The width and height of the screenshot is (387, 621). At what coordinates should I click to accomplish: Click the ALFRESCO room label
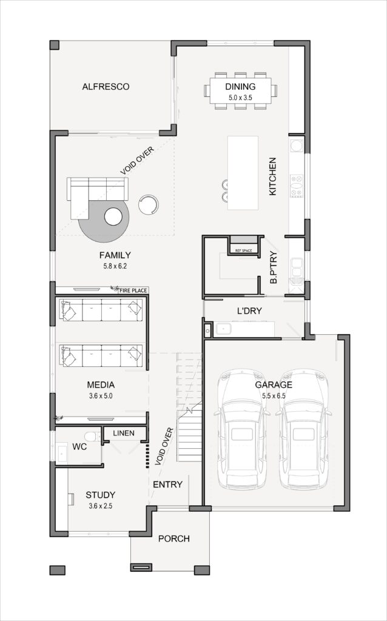(106, 86)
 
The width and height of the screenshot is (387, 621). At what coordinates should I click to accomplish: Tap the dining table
(240, 91)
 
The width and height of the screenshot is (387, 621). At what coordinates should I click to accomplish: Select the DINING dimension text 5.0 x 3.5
(240, 97)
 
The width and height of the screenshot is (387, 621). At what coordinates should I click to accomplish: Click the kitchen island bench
(243, 173)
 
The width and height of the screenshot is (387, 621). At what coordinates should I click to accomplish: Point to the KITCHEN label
(272, 176)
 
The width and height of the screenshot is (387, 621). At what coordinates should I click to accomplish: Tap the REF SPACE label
(244, 250)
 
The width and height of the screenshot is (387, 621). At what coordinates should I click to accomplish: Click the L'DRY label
(249, 311)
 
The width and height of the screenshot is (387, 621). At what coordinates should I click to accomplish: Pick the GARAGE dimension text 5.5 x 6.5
(274, 395)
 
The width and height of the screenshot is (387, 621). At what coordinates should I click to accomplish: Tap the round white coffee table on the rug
(113, 217)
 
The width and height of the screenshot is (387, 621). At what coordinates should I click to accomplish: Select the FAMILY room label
(115, 255)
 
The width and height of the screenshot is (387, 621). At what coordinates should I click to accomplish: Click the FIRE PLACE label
(133, 290)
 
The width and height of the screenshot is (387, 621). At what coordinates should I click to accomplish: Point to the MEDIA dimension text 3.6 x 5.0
(101, 395)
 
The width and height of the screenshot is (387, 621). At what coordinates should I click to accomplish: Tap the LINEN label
(124, 433)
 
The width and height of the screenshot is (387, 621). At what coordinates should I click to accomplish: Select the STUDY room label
(101, 495)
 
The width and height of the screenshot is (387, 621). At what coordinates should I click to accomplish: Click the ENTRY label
(167, 485)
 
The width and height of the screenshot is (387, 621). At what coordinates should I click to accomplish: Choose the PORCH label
(174, 539)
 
